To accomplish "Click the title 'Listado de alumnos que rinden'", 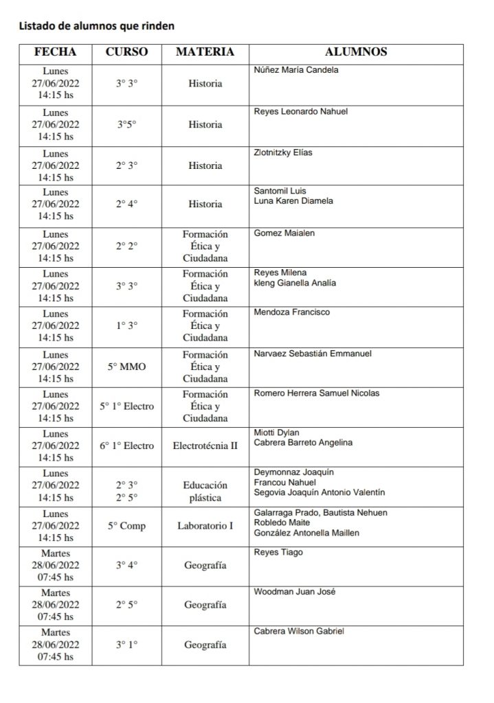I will point(96,27).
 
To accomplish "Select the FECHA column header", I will point(56,51).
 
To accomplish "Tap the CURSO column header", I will point(126,51).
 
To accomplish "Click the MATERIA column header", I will point(205,51).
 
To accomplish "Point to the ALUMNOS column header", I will point(355,51).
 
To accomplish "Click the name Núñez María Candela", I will point(296,70).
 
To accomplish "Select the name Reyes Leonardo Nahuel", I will point(300,111).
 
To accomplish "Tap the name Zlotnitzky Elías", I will point(283,152).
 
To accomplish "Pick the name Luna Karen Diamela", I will point(293,201).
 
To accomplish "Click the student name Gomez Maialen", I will point(284,233).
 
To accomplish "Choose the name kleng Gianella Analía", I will point(295,283).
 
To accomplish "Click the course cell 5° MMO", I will point(126,367).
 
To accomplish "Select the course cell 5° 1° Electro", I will point(126,406).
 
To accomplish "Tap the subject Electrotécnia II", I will point(205,446).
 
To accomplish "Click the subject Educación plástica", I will point(205,492).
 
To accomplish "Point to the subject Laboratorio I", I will point(205,527).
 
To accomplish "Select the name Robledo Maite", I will point(281,522).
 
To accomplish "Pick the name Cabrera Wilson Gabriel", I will point(299,632).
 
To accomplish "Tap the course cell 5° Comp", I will point(126,527).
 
